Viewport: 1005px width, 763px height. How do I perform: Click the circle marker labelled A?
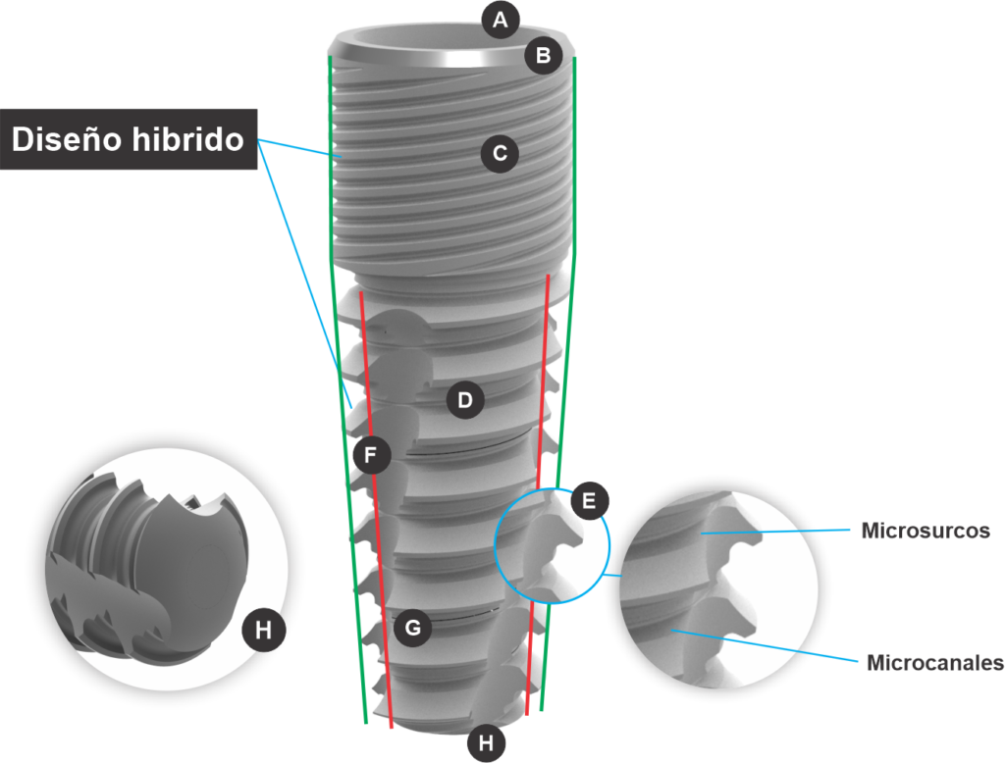pyautogui.click(x=500, y=20)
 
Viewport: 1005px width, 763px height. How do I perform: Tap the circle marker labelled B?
pyautogui.click(x=544, y=55)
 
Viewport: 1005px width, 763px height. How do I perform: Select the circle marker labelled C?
pyautogui.click(x=500, y=153)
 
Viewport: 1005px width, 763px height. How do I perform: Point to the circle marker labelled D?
pyautogui.click(x=465, y=400)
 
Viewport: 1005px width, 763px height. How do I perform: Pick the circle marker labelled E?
pyautogui.click(x=589, y=500)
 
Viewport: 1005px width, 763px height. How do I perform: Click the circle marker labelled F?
pyautogui.click(x=371, y=455)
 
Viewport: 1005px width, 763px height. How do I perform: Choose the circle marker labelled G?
pyautogui.click(x=413, y=628)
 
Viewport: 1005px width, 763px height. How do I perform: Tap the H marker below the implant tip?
pyautogui.click(x=487, y=743)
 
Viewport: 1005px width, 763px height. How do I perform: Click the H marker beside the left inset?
pyautogui.click(x=263, y=631)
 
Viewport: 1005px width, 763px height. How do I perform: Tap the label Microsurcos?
pyautogui.click(x=926, y=531)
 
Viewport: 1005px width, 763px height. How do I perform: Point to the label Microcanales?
pyautogui.click(x=935, y=662)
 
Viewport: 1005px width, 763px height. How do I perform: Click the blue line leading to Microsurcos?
pyautogui.click(x=775, y=532)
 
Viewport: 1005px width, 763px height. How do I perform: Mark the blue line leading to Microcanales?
pyautogui.click(x=765, y=645)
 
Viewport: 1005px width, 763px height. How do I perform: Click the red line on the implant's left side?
pyautogui.click(x=376, y=510)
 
